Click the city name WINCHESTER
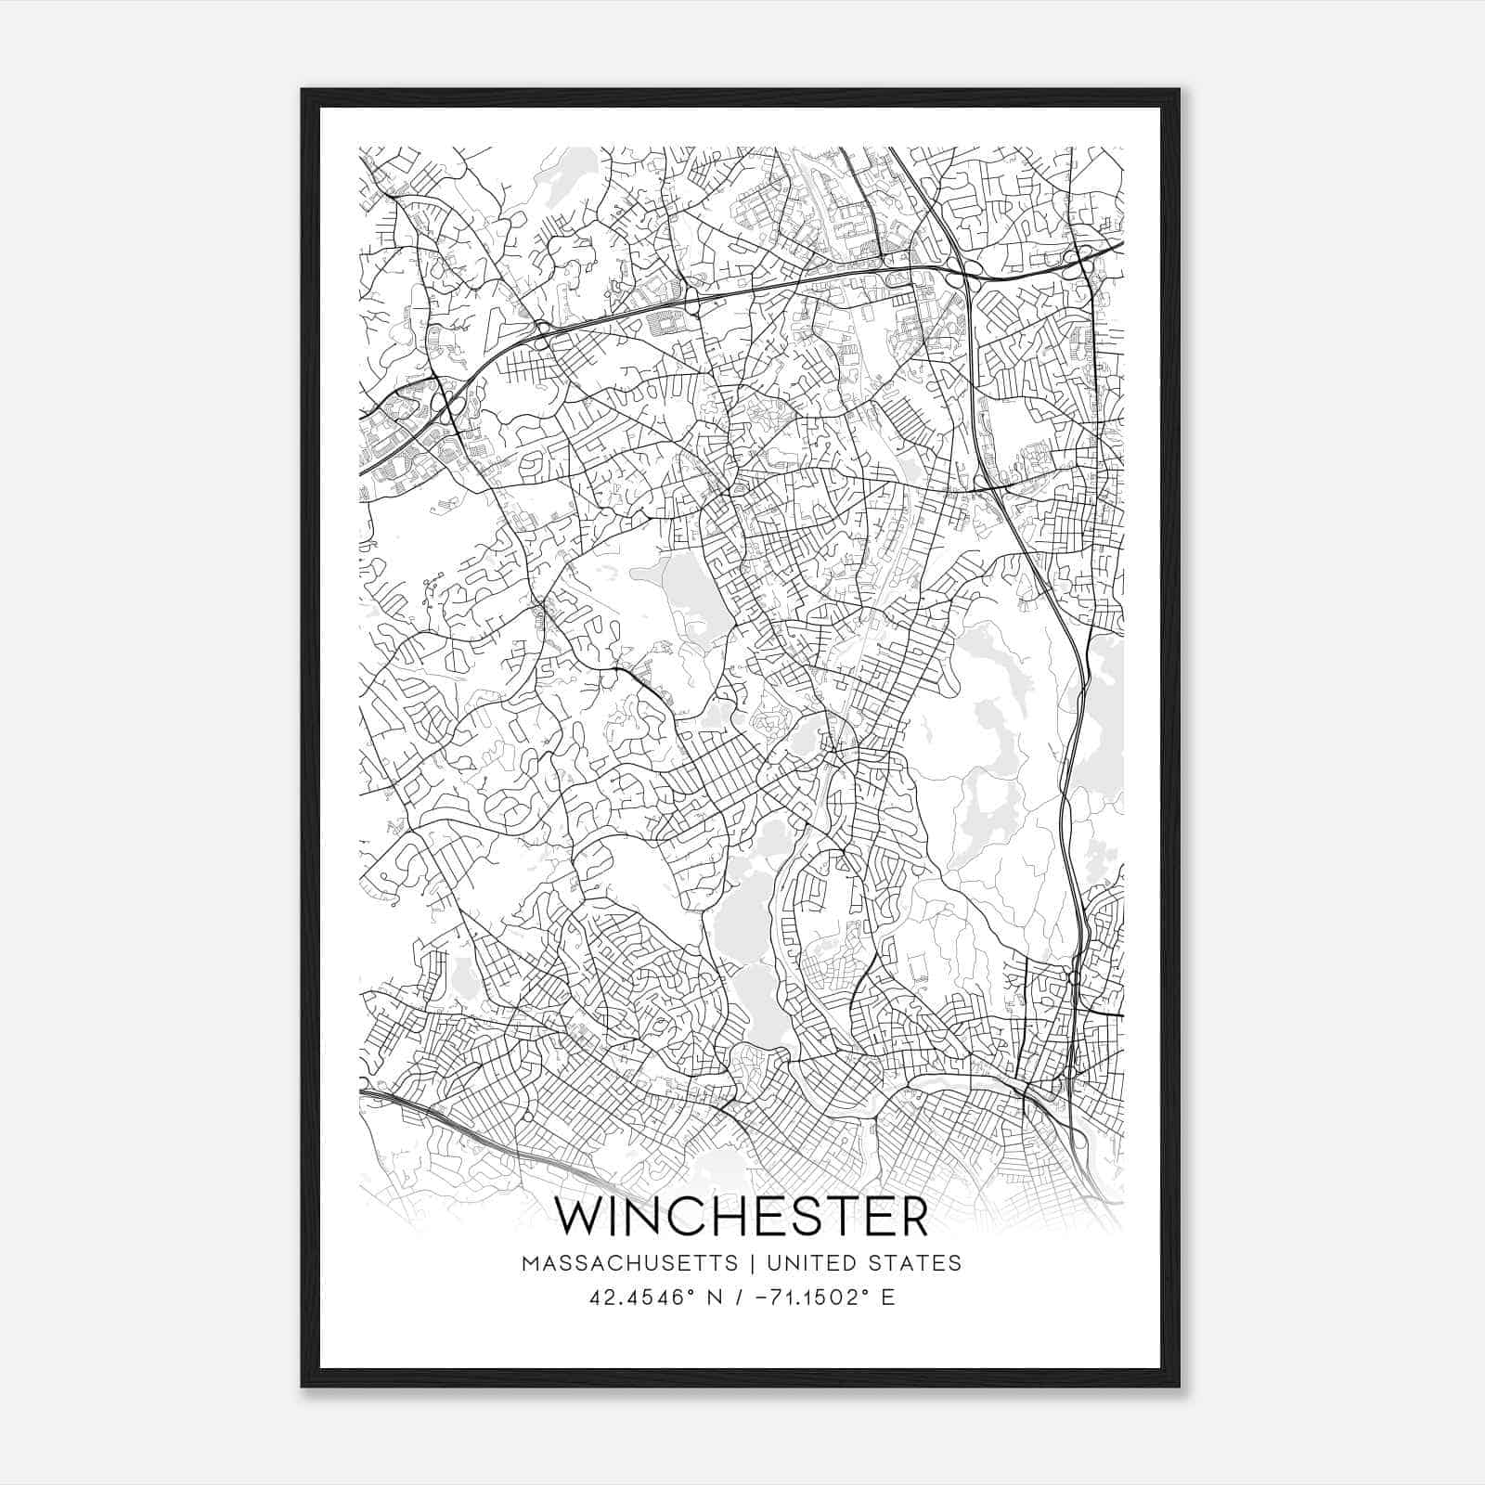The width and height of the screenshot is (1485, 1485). tap(742, 1218)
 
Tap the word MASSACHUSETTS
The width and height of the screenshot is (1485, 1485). tap(630, 1263)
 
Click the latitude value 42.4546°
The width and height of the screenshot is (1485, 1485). tap(639, 1298)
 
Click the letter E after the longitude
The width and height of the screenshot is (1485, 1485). tap(888, 1298)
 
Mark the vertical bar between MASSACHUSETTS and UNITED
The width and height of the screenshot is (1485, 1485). tap(750, 1263)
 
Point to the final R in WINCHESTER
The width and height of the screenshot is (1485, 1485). tap(913, 1218)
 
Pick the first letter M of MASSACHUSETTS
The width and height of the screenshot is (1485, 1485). tap(530, 1263)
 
